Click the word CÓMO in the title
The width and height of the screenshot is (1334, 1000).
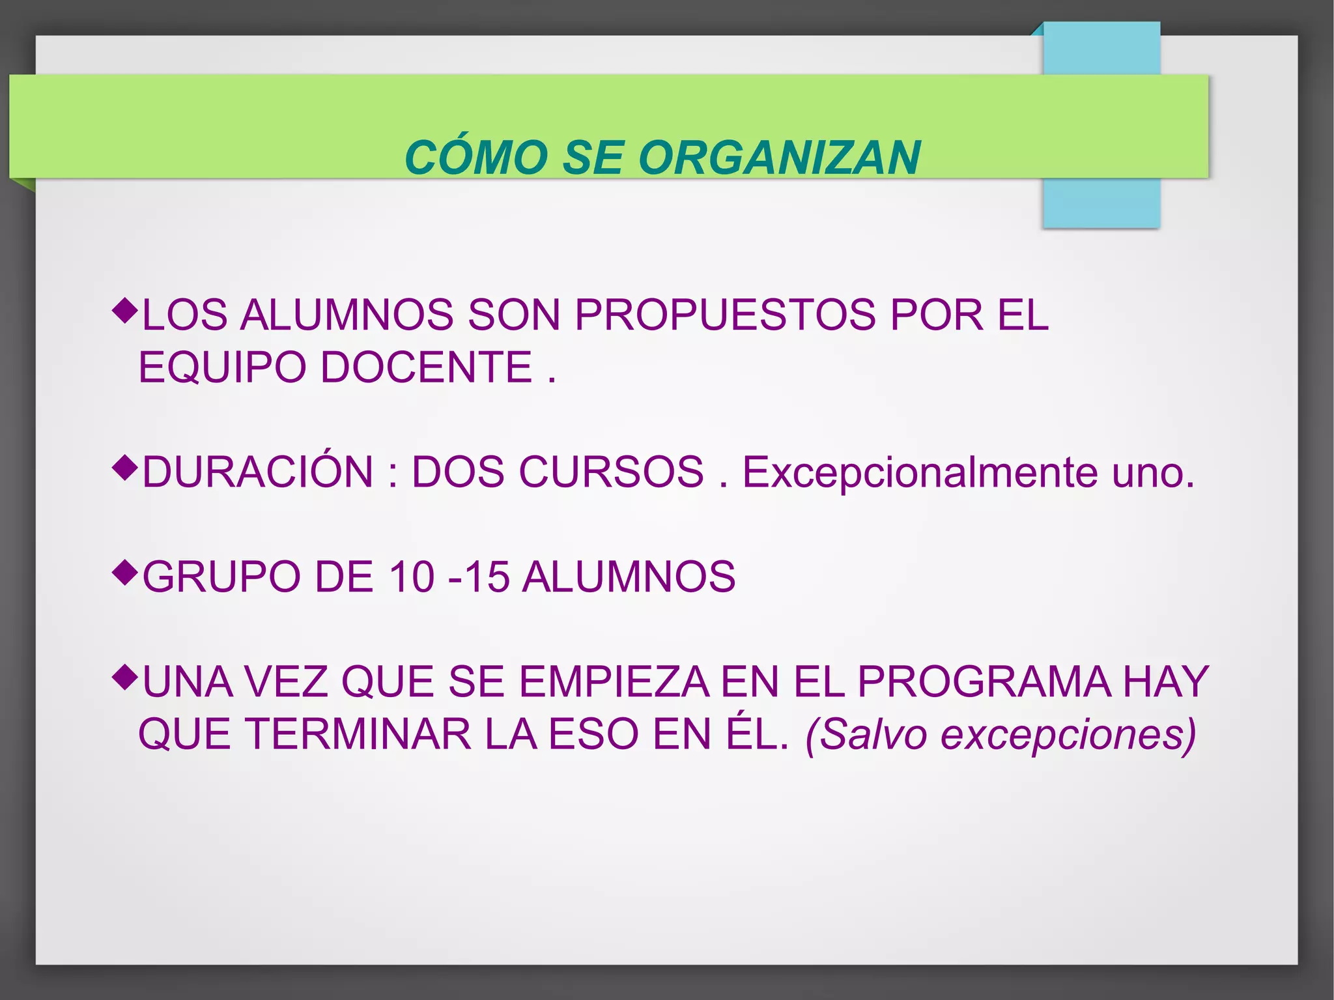tap(476, 158)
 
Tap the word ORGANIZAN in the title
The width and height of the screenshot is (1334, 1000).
tap(779, 158)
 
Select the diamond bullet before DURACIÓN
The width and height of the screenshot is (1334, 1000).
tap(125, 466)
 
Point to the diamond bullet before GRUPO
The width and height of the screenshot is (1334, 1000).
tap(125, 571)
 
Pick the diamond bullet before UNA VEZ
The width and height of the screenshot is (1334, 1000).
tap(125, 676)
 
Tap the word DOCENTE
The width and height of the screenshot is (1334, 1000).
tap(427, 367)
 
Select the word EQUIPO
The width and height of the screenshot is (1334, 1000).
tap(222, 367)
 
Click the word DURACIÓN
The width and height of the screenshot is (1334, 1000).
tap(258, 472)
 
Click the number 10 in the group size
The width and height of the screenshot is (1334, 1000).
tap(411, 577)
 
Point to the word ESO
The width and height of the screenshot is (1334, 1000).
tap(593, 734)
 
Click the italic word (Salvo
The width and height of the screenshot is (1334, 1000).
tap(866, 734)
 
